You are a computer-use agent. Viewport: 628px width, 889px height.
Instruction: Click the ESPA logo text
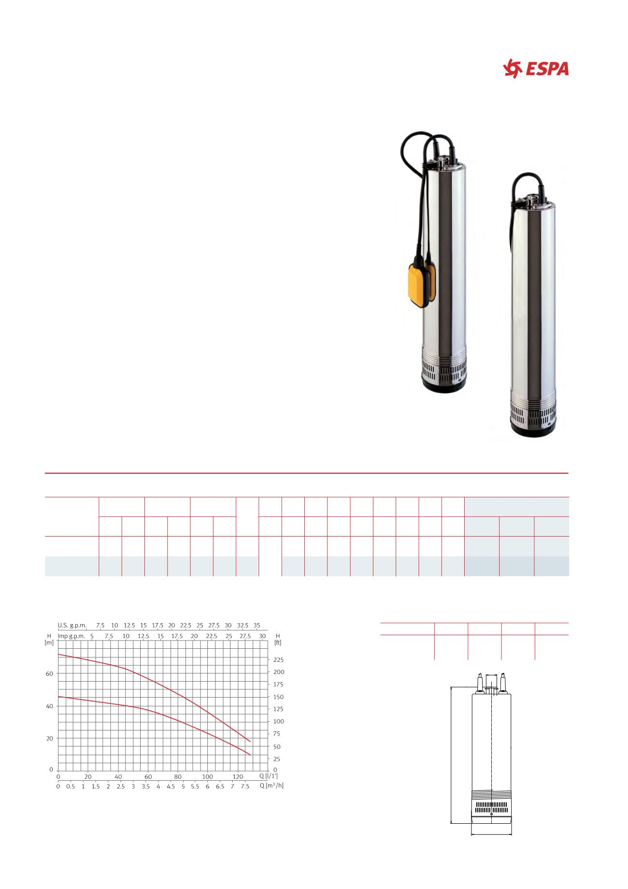coord(547,69)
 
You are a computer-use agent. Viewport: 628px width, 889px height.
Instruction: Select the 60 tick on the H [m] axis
coord(49,673)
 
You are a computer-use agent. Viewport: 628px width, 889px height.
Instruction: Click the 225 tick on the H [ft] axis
coord(279,660)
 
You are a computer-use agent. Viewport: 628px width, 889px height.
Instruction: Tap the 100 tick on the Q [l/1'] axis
coord(207,777)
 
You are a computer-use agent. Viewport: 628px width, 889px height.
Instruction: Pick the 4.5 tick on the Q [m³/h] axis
coord(171,787)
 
